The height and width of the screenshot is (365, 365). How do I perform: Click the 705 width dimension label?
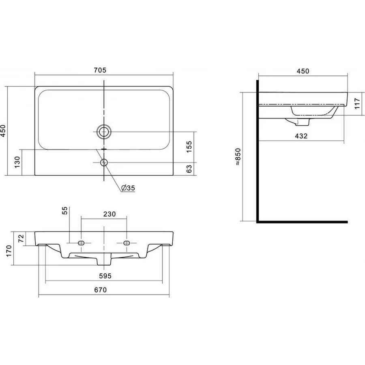100,70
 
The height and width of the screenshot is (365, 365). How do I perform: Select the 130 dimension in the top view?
17,162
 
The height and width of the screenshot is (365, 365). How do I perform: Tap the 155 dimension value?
189,146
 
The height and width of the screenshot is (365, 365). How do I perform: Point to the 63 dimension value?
189,169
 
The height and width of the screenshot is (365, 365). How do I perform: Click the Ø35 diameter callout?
128,188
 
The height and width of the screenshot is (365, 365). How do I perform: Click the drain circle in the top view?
104,132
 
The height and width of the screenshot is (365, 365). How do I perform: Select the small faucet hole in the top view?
104,163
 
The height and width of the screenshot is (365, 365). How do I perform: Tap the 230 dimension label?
109,214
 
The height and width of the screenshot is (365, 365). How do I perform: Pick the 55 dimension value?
64,210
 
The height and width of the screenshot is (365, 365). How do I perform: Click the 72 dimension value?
21,238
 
